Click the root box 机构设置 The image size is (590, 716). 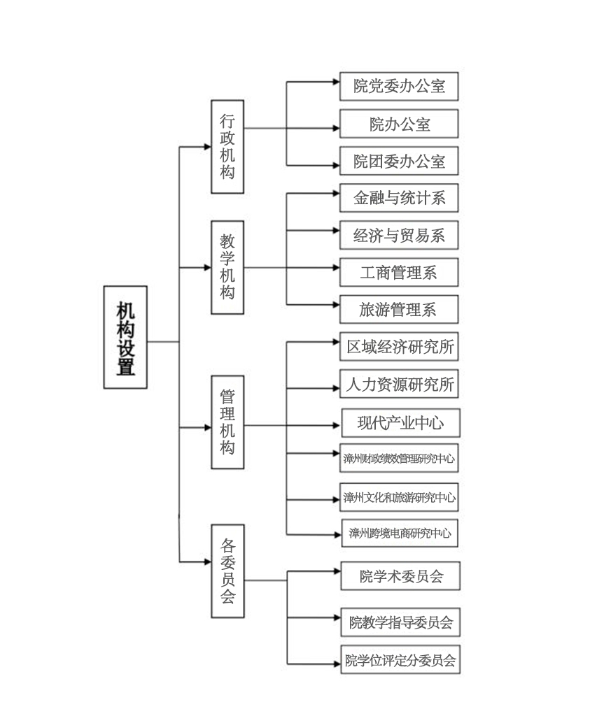point(125,337)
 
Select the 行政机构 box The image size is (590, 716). point(227,146)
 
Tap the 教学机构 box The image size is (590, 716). point(227,267)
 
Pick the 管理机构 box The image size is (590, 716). point(227,422)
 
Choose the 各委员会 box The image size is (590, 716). point(227,571)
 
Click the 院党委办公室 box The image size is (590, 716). point(399,86)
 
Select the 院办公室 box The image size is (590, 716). point(399,124)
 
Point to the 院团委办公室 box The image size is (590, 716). point(399,162)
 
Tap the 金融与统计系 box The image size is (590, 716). point(399,198)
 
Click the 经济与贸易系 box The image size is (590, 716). point(399,235)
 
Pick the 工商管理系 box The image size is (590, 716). point(399,272)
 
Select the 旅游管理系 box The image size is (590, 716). point(399,309)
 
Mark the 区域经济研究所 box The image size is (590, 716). point(399,346)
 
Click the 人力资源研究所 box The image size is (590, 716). point(399,384)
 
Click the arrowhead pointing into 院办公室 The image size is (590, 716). point(335,128)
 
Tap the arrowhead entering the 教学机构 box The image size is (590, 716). point(206,267)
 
